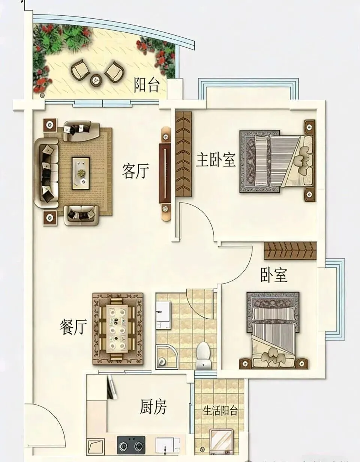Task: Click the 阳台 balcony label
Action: [147, 86]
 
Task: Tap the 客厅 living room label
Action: [135, 172]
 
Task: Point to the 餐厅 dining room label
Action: [73, 327]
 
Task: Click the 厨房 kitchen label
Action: [153, 407]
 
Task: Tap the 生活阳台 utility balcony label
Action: [220, 411]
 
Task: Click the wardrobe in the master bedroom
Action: [184, 154]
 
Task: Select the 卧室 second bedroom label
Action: [274, 275]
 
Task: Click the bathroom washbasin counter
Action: [163, 311]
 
